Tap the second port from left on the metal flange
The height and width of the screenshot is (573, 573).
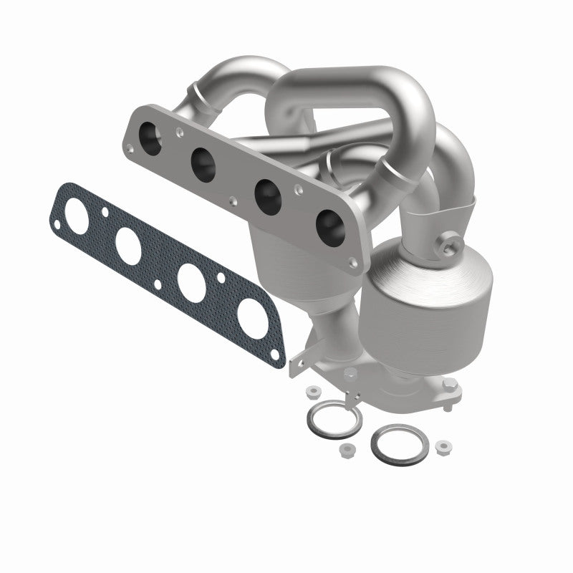pos(203,164)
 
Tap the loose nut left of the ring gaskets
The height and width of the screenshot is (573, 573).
pos(313,393)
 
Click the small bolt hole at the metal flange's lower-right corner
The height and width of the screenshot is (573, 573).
pos(352,263)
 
